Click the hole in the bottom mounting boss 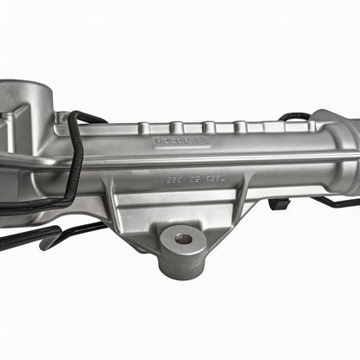[183, 237]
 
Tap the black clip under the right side [279, 204]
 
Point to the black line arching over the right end [294, 116]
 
